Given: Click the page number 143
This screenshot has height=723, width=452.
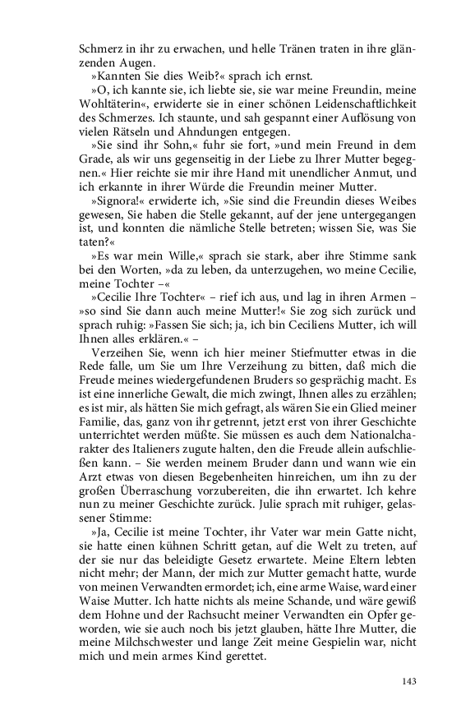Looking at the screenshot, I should click(411, 681).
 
